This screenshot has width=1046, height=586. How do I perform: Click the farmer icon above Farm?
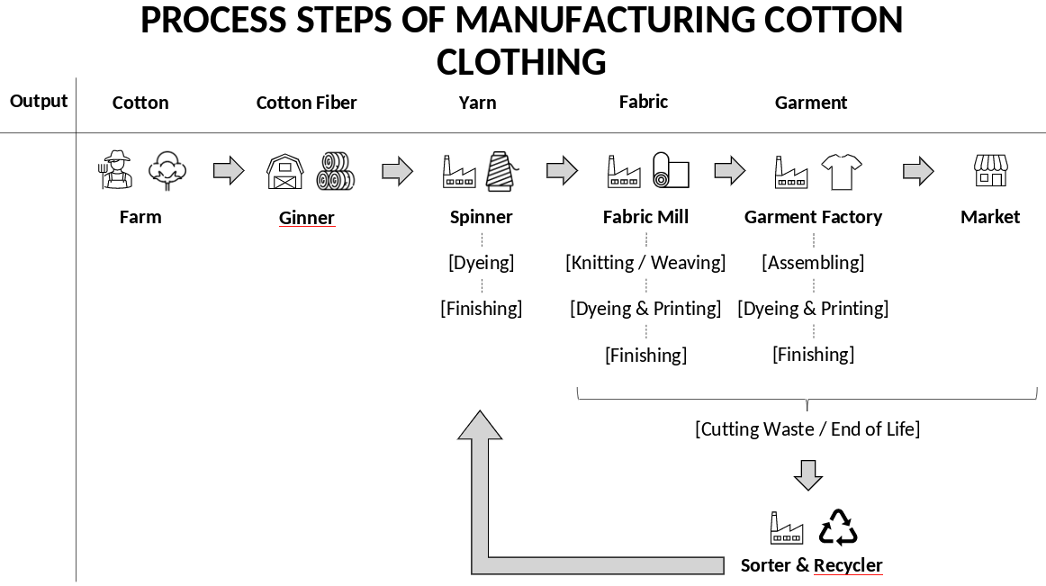[x=116, y=170]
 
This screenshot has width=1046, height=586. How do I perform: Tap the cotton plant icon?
[x=167, y=170]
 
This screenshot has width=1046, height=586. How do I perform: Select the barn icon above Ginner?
[x=284, y=171]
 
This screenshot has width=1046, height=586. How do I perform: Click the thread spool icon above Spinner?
[x=501, y=170]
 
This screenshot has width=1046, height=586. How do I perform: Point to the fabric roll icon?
[x=671, y=170]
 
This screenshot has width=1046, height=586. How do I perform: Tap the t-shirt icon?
[x=842, y=171]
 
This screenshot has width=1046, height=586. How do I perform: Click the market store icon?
[x=990, y=170]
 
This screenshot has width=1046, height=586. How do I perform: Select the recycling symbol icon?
[x=838, y=527]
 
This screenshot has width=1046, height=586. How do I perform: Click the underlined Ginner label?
[x=307, y=218]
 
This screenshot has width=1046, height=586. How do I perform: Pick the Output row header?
[x=39, y=101]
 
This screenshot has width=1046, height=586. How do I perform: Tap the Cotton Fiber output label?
[x=307, y=103]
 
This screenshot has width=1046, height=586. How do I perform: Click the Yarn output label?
[x=477, y=103]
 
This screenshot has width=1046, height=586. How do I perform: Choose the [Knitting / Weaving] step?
[x=645, y=263]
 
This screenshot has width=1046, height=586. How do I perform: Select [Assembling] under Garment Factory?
[x=813, y=263]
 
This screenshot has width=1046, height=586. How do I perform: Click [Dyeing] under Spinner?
[x=482, y=263]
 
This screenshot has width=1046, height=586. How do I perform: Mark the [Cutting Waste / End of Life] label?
[x=807, y=429]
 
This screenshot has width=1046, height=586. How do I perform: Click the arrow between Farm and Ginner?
[x=229, y=170]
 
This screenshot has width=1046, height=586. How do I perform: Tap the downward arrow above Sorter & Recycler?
[x=808, y=475]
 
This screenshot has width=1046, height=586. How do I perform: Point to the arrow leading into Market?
[x=918, y=171]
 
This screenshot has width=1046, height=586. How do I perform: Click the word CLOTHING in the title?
[x=521, y=62]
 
